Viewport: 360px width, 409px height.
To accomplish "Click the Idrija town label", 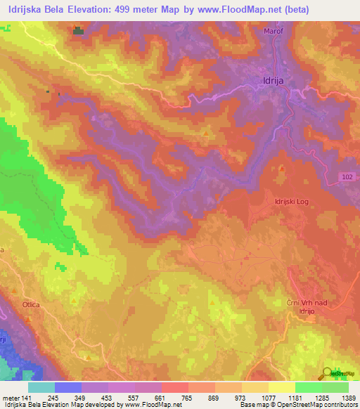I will (271, 82).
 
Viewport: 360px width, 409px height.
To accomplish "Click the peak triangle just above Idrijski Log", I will (282, 168).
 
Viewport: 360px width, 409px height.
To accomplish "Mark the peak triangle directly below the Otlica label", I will (28, 318).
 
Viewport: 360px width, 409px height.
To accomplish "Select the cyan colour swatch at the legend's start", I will (41, 387).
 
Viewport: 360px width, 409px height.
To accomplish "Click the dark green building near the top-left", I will (77, 30).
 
